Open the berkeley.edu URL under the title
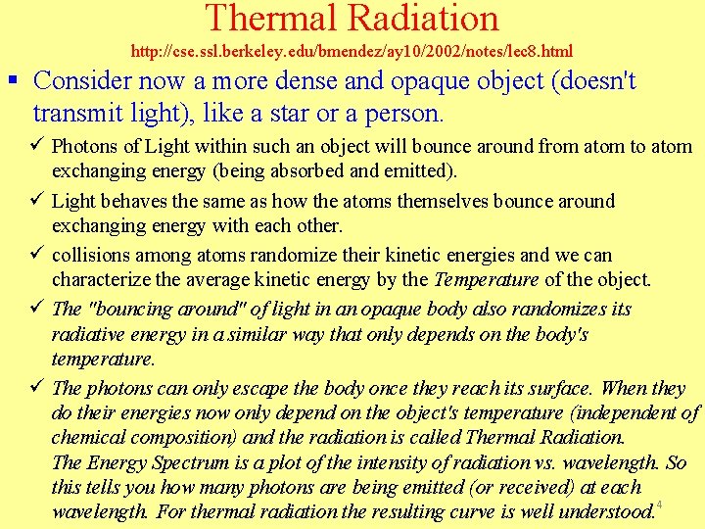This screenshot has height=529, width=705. tap(352, 50)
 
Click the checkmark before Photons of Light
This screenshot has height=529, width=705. tap(36, 147)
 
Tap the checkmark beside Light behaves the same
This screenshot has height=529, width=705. tap(36, 201)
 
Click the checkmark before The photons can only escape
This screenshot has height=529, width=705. tap(36, 387)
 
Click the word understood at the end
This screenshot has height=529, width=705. tap(606, 511)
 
